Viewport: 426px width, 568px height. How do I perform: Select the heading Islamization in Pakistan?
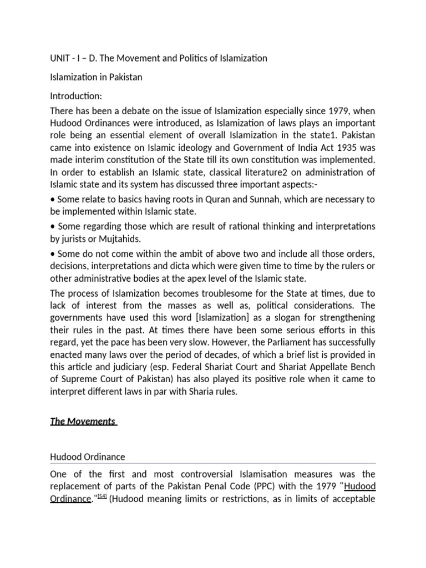96,77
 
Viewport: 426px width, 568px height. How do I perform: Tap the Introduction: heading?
76,96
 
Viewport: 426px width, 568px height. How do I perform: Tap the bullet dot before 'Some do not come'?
52,253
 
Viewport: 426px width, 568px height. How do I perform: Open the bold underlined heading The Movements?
82,421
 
